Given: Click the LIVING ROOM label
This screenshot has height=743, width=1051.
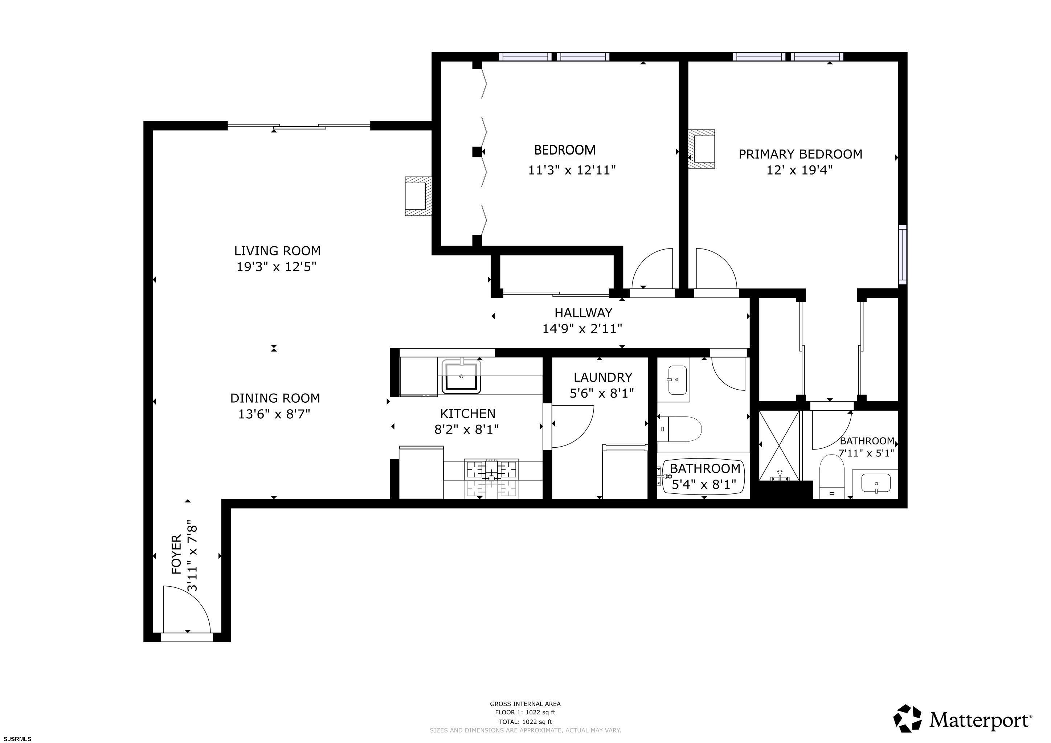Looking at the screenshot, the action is (277, 251).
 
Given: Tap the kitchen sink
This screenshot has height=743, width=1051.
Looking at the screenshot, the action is (461, 376).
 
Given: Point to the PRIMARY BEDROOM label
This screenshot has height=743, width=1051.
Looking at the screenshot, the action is (800, 154).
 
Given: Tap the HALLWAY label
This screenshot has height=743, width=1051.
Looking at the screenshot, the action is (583, 313).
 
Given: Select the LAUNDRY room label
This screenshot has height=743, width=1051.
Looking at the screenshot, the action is (603, 377).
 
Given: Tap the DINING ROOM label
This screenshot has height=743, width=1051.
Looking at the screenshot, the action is (275, 398).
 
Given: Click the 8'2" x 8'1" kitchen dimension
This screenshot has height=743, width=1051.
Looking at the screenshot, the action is (466, 430).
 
